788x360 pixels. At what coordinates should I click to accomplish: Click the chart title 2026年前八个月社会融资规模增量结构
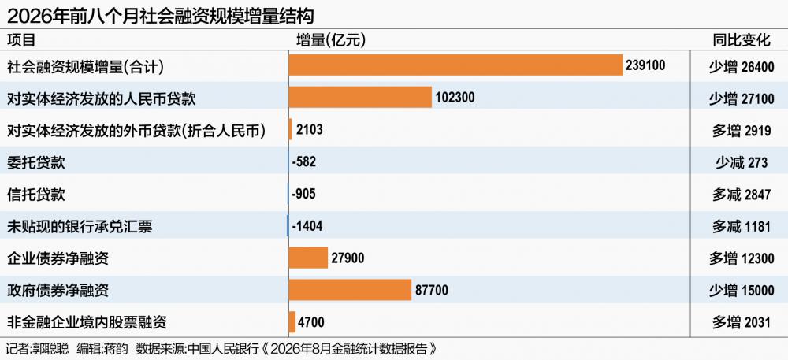click(x=160, y=16)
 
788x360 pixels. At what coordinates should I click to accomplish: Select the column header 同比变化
click(x=742, y=40)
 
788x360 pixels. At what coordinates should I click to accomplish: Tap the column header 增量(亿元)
click(x=331, y=40)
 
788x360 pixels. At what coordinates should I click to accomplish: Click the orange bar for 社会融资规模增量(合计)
click(x=455, y=65)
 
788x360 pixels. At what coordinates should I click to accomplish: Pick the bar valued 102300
click(x=360, y=98)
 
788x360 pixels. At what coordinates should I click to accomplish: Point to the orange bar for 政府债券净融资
click(x=351, y=290)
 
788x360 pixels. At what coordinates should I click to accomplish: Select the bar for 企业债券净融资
click(x=308, y=258)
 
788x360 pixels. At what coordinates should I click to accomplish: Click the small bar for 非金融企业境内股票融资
click(x=292, y=322)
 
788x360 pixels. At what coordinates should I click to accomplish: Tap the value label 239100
click(x=646, y=65)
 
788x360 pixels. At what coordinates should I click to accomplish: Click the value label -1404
click(x=307, y=226)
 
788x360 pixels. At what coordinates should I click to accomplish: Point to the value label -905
click(x=303, y=194)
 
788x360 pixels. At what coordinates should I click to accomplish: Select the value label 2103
click(x=309, y=129)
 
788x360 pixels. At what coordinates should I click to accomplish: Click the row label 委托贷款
click(x=35, y=162)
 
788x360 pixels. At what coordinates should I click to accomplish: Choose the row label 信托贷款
click(x=35, y=195)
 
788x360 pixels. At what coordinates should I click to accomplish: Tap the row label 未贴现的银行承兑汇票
click(x=80, y=226)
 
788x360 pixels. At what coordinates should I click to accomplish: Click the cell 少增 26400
click(x=742, y=66)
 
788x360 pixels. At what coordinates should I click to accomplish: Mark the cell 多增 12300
click(x=742, y=258)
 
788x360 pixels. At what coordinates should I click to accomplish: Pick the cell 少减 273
click(x=742, y=163)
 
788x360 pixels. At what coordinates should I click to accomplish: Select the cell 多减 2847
click(x=742, y=195)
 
